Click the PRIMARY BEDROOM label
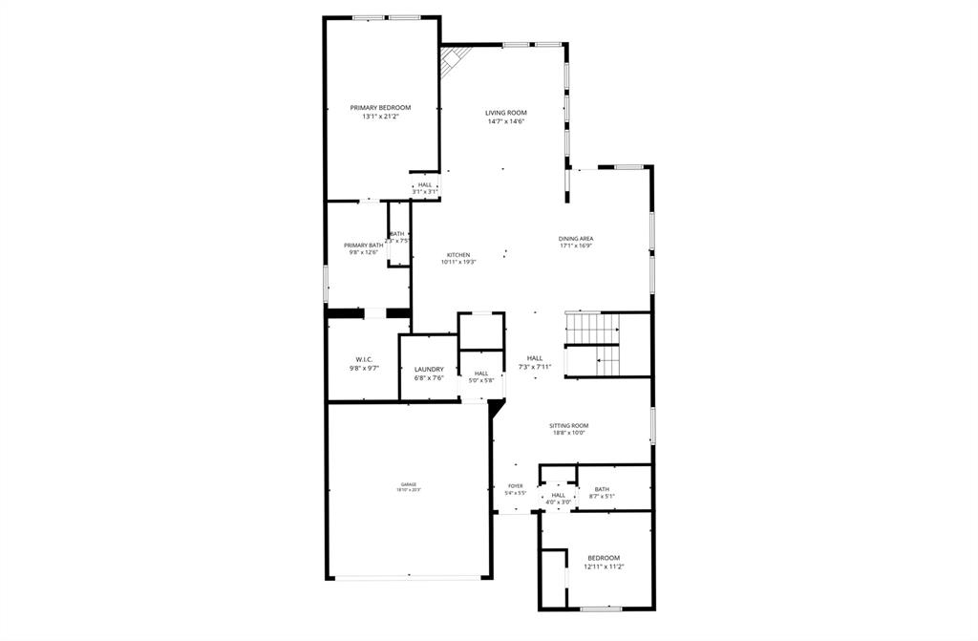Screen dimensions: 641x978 point(380,107)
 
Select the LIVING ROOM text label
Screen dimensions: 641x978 point(505,113)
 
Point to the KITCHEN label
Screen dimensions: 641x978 point(458,254)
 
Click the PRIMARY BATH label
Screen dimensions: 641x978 point(363,246)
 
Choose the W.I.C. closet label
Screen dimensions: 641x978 point(363,359)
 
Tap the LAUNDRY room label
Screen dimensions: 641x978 point(429,369)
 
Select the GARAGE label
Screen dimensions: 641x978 point(409,484)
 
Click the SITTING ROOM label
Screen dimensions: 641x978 point(568,425)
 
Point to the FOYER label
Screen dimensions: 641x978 point(515,486)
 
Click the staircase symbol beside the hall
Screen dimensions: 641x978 point(593,344)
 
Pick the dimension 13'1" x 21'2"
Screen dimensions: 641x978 point(380,117)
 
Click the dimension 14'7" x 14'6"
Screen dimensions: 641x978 point(505,121)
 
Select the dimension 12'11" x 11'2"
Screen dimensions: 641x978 point(604,566)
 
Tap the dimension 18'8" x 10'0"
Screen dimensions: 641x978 point(568,433)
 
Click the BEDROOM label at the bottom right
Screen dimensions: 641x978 point(604,558)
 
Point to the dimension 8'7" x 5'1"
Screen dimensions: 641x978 point(602,496)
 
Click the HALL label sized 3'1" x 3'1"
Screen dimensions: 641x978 point(425,184)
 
